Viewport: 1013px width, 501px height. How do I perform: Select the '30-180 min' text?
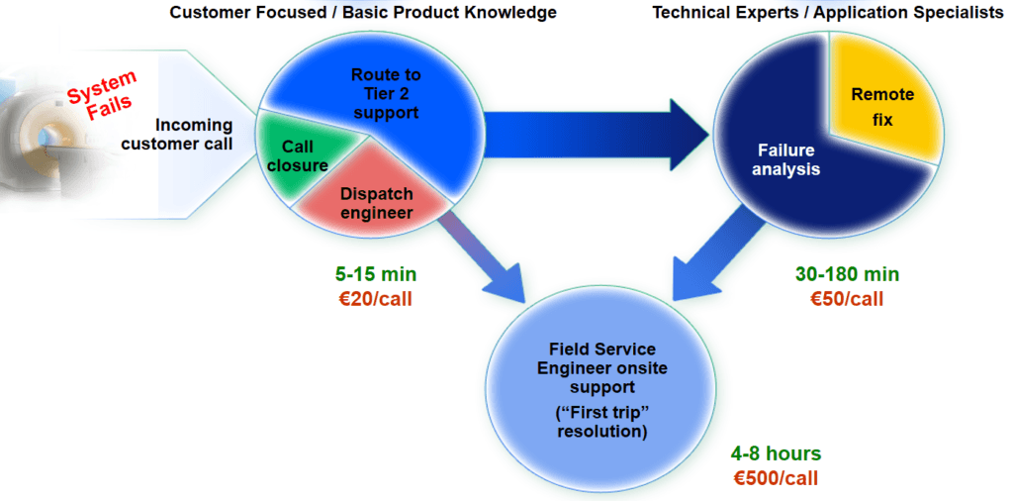(x=847, y=274)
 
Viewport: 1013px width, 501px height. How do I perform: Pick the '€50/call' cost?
(x=847, y=298)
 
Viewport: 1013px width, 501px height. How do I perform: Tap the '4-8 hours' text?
(x=777, y=454)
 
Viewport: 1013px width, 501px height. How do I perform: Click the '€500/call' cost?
(x=777, y=478)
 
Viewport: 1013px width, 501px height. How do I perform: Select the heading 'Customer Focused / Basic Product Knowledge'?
(x=363, y=13)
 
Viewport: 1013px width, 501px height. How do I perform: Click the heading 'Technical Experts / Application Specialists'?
(x=828, y=13)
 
